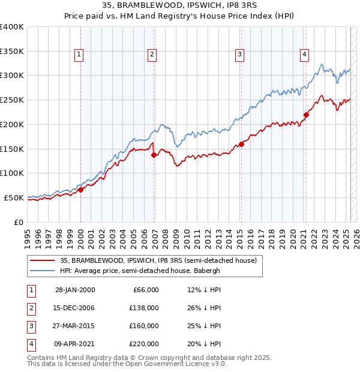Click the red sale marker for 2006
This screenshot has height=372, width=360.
(x=154, y=155)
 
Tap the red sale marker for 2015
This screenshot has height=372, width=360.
(x=241, y=144)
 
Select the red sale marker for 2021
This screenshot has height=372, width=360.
(x=306, y=115)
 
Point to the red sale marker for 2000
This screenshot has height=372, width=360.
(x=80, y=190)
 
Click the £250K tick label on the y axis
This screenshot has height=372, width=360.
(x=12, y=100)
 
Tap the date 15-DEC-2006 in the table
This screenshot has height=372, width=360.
(x=75, y=308)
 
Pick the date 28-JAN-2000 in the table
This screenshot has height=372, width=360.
(x=75, y=290)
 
